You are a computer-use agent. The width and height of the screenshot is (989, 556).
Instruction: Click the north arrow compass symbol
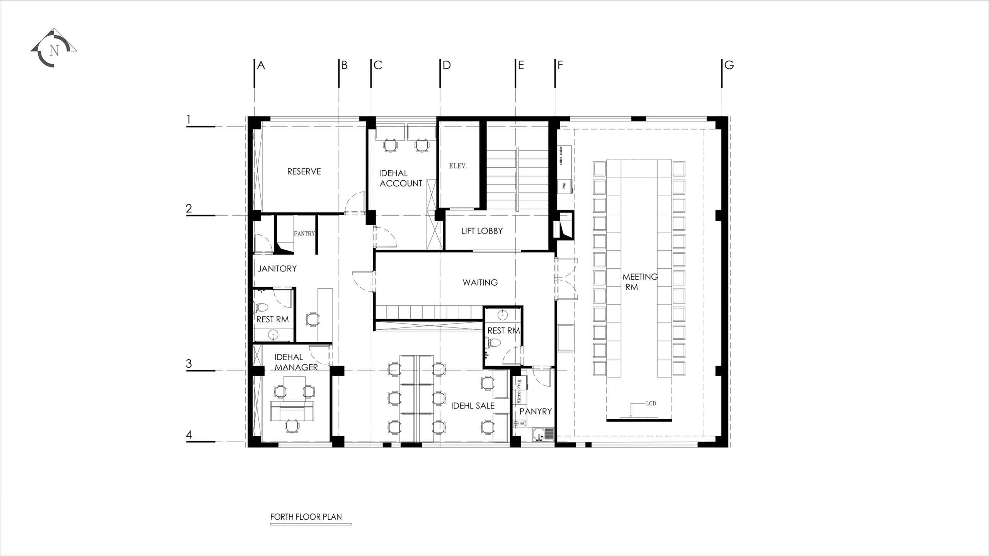[x=54, y=48]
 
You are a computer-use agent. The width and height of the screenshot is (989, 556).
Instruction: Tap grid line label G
[x=729, y=65]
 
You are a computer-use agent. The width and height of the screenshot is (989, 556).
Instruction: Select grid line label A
[x=261, y=65]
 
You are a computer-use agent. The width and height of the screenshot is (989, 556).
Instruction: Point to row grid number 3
[x=189, y=363]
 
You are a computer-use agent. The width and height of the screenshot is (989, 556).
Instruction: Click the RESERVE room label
[x=304, y=171]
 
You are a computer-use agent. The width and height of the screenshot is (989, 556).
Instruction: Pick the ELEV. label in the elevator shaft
[x=458, y=166]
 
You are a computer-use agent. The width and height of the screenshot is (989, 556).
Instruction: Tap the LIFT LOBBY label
[x=482, y=231]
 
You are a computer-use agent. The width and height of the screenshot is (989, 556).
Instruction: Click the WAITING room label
[x=480, y=282]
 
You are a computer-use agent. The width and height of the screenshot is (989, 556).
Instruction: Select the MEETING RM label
[x=640, y=282]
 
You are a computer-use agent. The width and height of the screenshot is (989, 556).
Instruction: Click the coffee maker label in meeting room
[x=561, y=156]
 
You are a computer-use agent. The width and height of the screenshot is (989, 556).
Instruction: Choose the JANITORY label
[x=277, y=268]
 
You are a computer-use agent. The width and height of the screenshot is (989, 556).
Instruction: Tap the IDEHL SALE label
[x=473, y=406]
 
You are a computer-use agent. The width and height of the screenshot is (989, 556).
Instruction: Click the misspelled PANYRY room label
[x=535, y=412]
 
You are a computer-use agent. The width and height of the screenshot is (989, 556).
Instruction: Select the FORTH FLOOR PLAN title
[x=306, y=517]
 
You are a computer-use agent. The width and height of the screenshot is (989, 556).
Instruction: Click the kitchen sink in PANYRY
[x=543, y=434]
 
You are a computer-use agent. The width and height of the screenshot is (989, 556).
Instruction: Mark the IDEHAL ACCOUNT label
[x=401, y=178]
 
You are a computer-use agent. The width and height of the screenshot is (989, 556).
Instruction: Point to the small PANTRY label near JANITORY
[x=304, y=234]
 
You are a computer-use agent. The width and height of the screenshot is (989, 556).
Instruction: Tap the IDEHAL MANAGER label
[x=296, y=362]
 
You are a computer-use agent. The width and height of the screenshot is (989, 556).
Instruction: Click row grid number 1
[x=189, y=119]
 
